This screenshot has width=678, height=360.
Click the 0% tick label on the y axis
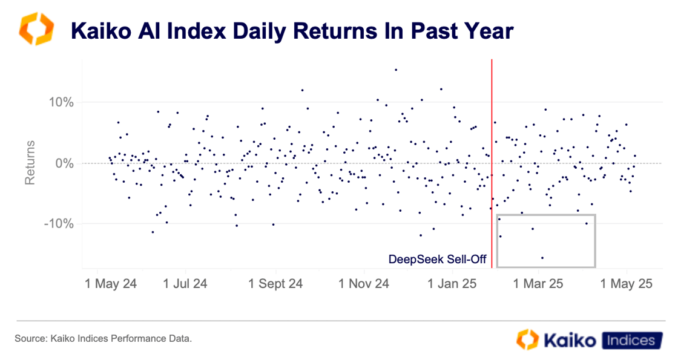tap(64, 163)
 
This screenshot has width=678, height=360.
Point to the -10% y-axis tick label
tap(59, 224)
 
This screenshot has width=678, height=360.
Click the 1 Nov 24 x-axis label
tap(363, 283)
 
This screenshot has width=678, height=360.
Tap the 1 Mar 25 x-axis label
tap(539, 283)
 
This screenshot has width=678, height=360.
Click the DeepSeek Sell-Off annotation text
tap(438, 259)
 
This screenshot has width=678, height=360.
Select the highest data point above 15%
tap(396, 70)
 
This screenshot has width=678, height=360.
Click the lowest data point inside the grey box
tap(542, 258)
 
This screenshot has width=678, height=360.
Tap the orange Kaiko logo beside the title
tap(36, 30)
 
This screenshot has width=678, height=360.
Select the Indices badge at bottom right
tap(630, 340)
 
